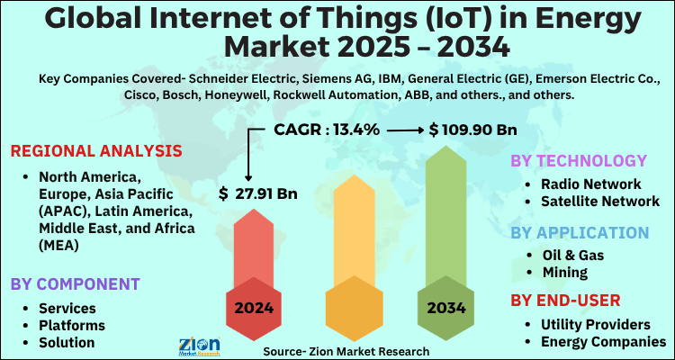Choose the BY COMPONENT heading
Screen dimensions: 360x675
point(76,284)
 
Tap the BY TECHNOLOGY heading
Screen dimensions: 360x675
point(578,161)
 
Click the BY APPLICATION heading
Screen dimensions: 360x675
point(580,232)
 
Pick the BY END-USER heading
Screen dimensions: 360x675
point(565,300)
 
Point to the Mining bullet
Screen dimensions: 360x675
point(566,272)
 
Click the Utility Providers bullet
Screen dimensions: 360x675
point(594,323)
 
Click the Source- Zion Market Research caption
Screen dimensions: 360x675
point(346,350)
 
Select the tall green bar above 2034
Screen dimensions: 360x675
point(447,216)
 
